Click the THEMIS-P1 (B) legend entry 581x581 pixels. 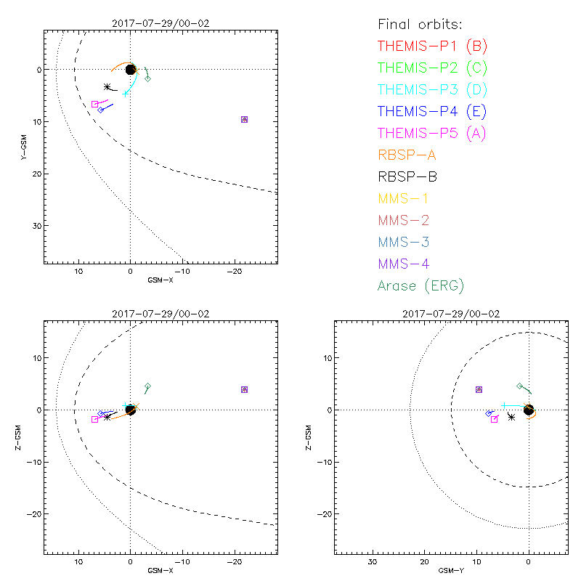[x=432, y=46]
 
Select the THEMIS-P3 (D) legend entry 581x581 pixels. [x=432, y=90]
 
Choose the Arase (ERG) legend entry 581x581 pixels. [x=420, y=285]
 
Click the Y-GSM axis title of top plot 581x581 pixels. [x=24, y=146]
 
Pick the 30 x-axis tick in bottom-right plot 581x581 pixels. [x=372, y=562]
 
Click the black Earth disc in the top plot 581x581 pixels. [x=131, y=69]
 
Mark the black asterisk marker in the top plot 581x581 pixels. [x=107, y=87]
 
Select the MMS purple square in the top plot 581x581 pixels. [x=244, y=119]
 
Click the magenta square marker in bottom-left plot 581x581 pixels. [x=94, y=420]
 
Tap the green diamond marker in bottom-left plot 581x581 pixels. [x=147, y=386]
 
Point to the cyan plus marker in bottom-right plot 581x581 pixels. [x=503, y=405]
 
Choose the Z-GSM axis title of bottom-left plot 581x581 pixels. [x=24, y=436]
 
